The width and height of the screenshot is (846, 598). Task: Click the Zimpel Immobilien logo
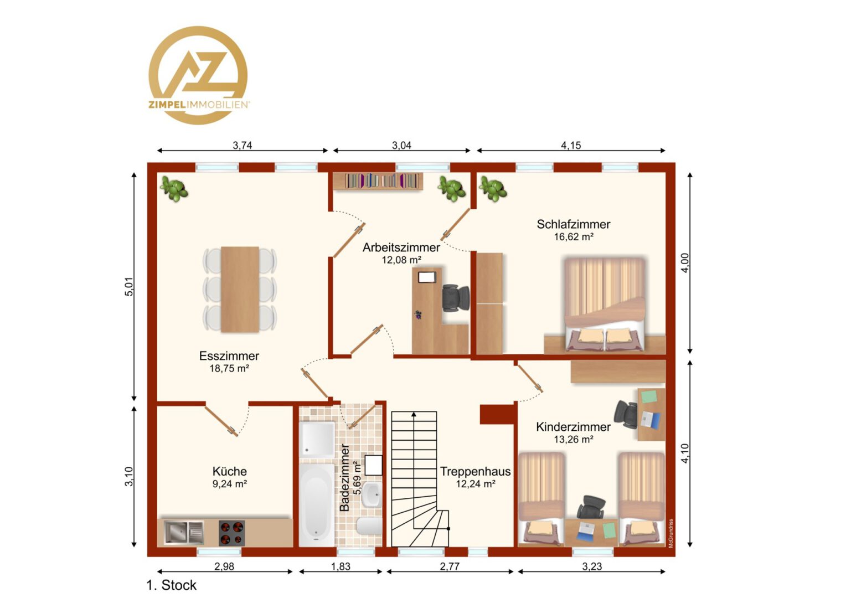tap(198, 75)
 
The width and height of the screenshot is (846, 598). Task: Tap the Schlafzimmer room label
tap(573, 224)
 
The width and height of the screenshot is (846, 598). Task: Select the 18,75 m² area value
tap(229, 368)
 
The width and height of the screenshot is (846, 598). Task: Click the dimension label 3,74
tap(242, 145)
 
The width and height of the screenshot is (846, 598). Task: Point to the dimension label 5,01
tap(129, 287)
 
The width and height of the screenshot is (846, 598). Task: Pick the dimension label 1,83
tap(341, 566)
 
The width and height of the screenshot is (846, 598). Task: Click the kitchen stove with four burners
tap(231, 533)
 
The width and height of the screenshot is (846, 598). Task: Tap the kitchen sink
tap(184, 533)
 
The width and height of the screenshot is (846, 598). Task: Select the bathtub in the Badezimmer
tap(317, 504)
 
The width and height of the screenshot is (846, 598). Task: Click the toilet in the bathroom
tap(369, 526)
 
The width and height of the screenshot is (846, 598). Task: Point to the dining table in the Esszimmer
tap(240, 290)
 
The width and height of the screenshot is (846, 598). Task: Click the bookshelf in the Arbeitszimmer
tap(381, 181)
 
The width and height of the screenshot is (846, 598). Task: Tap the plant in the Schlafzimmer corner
tap(493, 189)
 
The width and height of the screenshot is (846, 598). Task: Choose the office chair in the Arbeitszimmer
tap(456, 298)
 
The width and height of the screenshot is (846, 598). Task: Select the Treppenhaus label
tap(475, 471)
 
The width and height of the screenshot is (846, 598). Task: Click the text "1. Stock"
tap(172, 585)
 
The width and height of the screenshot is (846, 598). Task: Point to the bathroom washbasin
tap(372, 494)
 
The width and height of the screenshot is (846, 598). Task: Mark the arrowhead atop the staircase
tap(414, 414)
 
